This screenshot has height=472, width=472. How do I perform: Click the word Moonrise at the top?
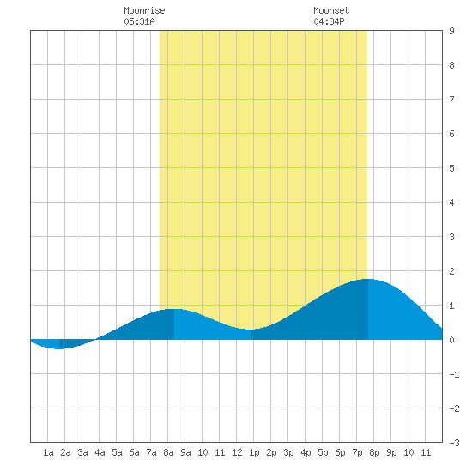click(x=144, y=10)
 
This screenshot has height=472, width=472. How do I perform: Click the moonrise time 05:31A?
click(x=139, y=21)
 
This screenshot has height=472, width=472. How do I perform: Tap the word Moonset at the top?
click(x=331, y=10)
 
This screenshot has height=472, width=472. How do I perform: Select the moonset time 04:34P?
click(x=329, y=21)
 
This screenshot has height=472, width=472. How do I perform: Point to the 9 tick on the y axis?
click(x=451, y=31)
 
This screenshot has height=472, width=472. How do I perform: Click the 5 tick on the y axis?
click(x=451, y=168)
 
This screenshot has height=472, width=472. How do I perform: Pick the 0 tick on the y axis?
click(x=451, y=340)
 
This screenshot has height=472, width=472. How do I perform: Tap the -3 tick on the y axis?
click(x=454, y=443)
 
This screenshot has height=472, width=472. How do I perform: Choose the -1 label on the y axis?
click(x=454, y=374)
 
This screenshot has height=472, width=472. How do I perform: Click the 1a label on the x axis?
click(x=48, y=452)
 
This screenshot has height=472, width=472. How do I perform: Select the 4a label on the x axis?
click(x=100, y=452)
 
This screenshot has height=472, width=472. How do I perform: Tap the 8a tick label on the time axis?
click(x=168, y=452)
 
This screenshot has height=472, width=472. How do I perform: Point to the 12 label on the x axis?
click(x=237, y=452)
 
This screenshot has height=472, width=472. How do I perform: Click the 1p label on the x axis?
click(x=254, y=452)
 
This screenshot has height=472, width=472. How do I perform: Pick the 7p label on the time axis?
click(x=357, y=452)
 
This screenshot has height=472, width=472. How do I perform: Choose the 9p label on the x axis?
click(x=391, y=452)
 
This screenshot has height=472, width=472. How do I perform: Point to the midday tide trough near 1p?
click(x=251, y=330)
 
